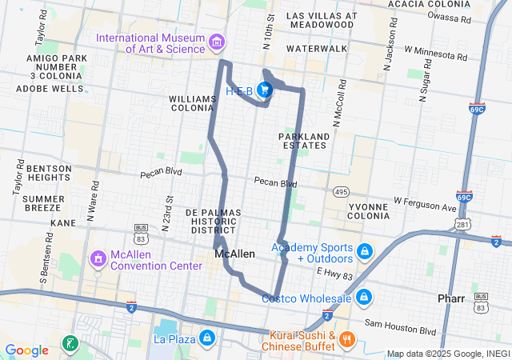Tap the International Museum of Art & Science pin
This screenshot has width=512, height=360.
click(x=216, y=42)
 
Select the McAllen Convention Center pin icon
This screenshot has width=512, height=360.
click(x=98, y=259)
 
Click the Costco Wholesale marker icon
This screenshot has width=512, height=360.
click(x=364, y=298)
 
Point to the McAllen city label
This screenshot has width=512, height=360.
click(x=235, y=254)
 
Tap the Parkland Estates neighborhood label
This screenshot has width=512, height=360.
click(x=303, y=141)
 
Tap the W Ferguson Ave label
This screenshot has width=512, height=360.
click(x=425, y=206)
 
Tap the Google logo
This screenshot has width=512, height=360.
click(x=26, y=350)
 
